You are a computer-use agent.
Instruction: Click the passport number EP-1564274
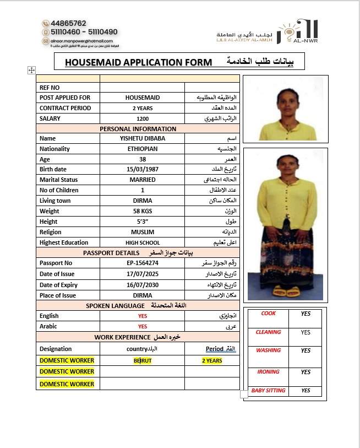143,263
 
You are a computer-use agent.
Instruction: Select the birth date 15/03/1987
143,169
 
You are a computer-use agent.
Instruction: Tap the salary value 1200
143,118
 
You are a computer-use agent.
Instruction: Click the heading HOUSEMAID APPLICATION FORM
138,62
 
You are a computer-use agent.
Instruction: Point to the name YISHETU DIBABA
143,138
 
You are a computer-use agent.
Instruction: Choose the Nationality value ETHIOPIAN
143,149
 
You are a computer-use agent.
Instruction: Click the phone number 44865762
68,24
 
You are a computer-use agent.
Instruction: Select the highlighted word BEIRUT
143,360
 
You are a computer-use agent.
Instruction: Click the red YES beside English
143,316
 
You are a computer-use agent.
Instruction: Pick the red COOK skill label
269,314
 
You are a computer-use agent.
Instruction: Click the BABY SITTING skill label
268,391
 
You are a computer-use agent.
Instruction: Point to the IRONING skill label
269,372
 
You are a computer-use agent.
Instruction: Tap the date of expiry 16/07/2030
143,285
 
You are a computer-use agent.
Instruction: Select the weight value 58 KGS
143,211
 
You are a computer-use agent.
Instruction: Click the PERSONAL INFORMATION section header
138,128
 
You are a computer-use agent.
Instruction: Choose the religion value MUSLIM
143,232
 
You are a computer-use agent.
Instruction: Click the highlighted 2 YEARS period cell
212,360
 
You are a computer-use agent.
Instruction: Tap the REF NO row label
50,88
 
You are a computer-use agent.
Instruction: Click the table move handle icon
31,70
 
